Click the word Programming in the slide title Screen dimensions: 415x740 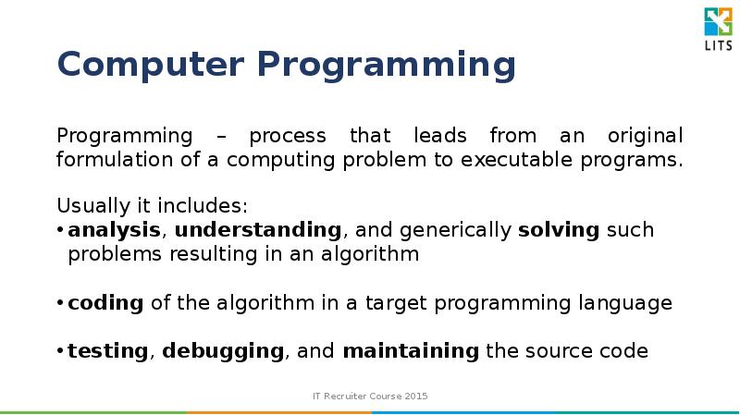pos(386,67)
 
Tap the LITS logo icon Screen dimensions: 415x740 pos(717,22)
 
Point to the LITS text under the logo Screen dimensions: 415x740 pos(717,46)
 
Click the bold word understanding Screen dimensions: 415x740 pos(258,230)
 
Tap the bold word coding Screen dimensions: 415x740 pos(105,303)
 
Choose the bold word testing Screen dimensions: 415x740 pos(107,351)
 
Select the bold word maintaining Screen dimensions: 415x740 pos(411,351)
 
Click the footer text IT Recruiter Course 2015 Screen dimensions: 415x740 pos(370,397)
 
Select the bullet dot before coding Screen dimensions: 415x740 pos(60,304)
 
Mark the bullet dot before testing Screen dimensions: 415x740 pos(60,352)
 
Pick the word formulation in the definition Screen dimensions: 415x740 pos(108,159)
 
